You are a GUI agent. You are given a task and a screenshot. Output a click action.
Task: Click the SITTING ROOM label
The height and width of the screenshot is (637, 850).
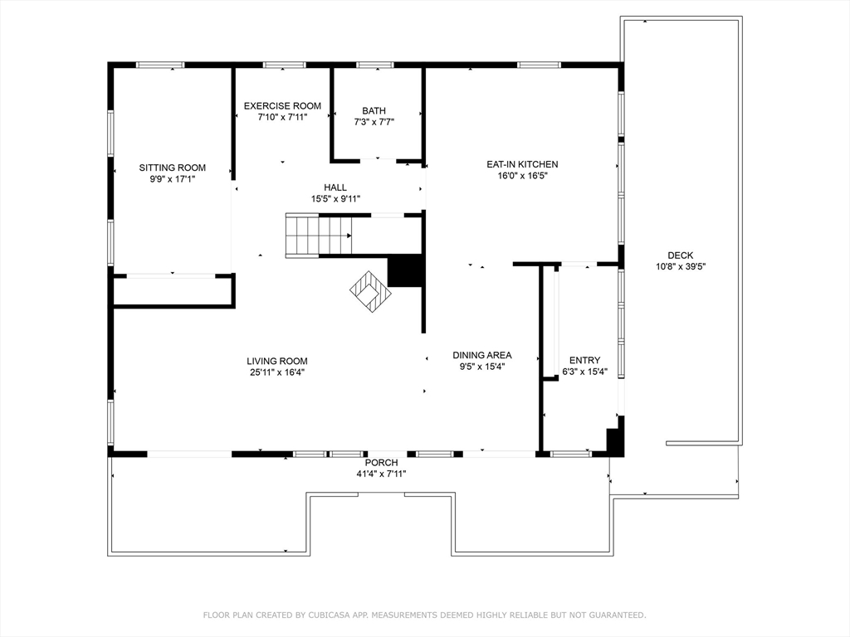coord(173,168)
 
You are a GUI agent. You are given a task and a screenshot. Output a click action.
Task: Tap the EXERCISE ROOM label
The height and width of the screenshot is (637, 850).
coord(282,106)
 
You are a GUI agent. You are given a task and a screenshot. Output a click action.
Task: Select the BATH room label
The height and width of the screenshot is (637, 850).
coord(374,111)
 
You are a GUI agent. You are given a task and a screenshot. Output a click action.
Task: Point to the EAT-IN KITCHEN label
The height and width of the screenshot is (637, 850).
coord(522,164)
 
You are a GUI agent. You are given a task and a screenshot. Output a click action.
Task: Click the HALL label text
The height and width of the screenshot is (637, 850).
coord(335,187)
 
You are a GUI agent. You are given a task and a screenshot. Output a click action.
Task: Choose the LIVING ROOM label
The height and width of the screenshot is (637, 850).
coord(277,362)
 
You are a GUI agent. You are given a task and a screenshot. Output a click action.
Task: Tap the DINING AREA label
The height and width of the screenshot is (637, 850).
coord(482,355)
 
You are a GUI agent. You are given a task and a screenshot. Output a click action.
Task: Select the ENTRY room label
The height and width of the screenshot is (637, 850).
coord(585,360)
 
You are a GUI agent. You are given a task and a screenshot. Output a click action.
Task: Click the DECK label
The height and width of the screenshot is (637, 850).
coord(681,255)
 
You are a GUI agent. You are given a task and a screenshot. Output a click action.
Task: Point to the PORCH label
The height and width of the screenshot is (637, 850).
coord(381,463)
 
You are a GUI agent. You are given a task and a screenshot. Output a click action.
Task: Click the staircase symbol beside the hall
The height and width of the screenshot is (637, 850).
coord(318,235)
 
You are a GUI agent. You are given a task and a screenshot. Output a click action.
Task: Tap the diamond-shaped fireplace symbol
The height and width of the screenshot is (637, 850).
coord(370,291)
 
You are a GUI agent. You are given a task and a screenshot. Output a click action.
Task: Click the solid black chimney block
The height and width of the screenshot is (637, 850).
coord(405,271)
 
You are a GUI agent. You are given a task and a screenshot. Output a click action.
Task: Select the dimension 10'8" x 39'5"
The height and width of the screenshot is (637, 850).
coord(681,266)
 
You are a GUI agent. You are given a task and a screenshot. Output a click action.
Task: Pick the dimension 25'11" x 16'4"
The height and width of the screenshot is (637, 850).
coord(277,372)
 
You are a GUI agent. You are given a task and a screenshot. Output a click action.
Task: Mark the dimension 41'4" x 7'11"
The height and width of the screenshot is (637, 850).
coord(381,474)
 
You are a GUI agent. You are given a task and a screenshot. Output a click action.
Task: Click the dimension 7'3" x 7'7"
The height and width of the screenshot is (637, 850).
coord(374,123)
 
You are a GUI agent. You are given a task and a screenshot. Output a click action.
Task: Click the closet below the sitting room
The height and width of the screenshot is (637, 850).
coord(173,292)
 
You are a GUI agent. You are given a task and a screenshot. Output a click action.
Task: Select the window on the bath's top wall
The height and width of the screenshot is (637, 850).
coord(375,65)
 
